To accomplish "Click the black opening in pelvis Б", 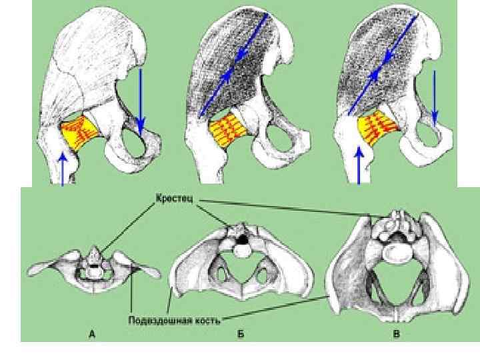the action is tap(245, 237).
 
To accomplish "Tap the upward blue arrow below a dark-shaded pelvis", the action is tap(359, 167).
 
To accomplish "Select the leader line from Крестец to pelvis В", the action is tap(287, 207).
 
